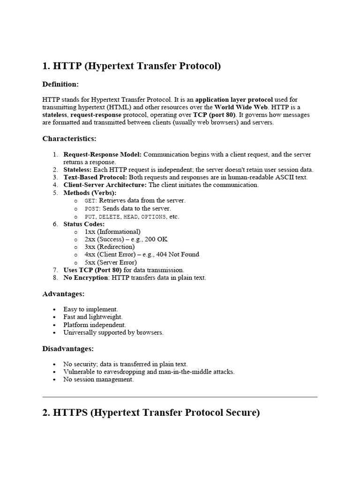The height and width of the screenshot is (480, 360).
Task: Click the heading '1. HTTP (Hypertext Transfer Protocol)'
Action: pyautogui.click(x=131, y=66)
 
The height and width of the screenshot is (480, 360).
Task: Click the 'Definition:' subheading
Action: pyautogui.click(x=60, y=84)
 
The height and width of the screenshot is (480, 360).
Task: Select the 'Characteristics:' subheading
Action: pyautogui.click(x=69, y=139)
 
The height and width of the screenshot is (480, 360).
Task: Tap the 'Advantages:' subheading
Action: pyautogui.click(x=63, y=294)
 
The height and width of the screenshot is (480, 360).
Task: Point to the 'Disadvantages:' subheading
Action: pyautogui.click(x=68, y=349)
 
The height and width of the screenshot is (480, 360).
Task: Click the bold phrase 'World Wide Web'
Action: pyautogui.click(x=238, y=107)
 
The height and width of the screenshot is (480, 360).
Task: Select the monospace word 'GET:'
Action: pyautogui.click(x=91, y=201)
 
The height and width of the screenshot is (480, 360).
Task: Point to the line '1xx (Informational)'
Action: pyautogui.click(x=112, y=232)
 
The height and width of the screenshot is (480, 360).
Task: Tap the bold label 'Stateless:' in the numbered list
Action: pyautogui.click(x=78, y=170)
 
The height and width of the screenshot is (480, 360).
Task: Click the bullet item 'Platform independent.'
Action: pyautogui.click(x=95, y=325)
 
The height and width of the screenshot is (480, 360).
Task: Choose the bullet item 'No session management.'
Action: pyautogui.click(x=98, y=380)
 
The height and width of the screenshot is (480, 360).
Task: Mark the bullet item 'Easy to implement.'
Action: pyautogui.click(x=91, y=309)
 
